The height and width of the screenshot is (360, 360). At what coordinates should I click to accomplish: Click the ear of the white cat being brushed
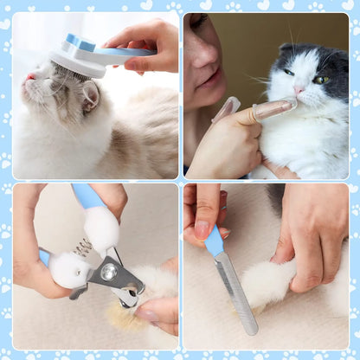tap(89, 94)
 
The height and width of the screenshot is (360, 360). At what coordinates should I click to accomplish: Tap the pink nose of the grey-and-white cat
tap(299, 89)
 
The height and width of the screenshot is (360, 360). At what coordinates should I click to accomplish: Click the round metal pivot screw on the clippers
tap(108, 272)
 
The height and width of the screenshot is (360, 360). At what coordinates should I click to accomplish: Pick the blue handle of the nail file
tap(214, 241)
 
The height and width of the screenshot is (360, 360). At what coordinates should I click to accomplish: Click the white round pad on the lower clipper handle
tap(68, 271)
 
